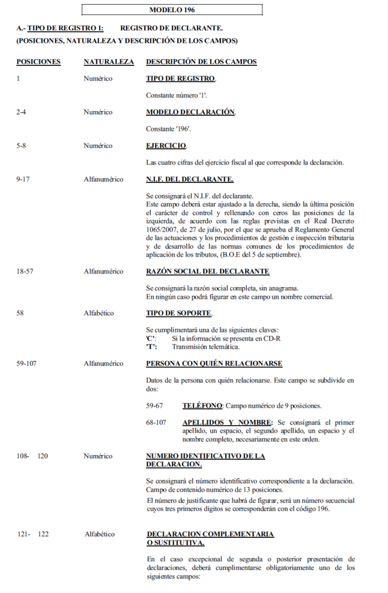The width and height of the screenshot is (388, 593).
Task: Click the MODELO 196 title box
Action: pos(172,10)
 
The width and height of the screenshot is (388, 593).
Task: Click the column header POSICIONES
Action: pos(38,62)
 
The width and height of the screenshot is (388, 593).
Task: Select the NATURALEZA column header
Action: pos(109,62)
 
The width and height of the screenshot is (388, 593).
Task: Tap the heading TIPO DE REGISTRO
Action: pos(181,79)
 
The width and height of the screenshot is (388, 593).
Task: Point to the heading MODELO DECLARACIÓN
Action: pos(191,112)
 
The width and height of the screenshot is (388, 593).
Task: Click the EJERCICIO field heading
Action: pos(166,146)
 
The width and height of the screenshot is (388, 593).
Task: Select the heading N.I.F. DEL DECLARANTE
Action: pos(189,180)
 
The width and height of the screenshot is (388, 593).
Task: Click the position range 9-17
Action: pos(24,180)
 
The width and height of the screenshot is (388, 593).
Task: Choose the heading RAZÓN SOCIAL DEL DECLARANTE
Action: pos(207,272)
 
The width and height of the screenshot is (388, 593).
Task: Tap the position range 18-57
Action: pos(25,272)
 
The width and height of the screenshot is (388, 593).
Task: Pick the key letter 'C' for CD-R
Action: pos(151,338)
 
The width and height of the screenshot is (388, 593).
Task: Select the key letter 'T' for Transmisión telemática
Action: pos(151,347)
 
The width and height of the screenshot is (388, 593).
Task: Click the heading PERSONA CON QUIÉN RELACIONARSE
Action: pos(214,364)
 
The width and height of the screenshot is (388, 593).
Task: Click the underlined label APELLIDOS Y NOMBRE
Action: pos(227,422)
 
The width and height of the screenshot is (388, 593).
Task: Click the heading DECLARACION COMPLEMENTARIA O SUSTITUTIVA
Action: pos(210,538)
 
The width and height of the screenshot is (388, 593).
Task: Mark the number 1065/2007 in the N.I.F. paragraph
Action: pos(161,230)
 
